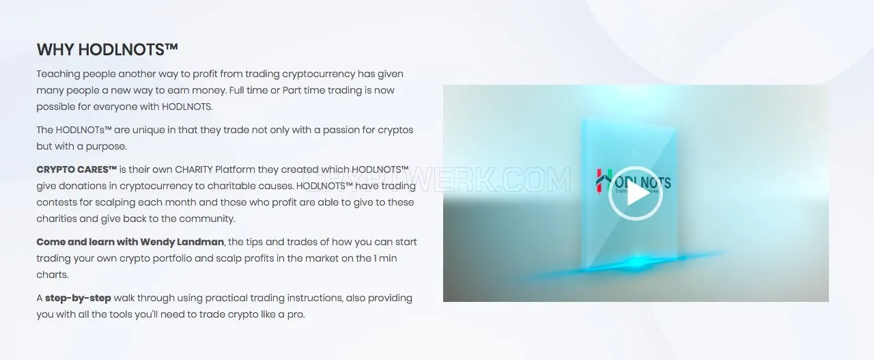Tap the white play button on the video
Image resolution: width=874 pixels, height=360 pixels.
click(x=636, y=193)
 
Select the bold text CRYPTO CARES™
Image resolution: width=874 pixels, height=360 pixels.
click(x=76, y=169)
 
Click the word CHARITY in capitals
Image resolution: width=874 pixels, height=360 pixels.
click(x=193, y=169)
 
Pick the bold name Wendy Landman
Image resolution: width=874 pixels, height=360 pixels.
click(x=182, y=242)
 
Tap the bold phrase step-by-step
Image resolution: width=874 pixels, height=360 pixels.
click(x=78, y=299)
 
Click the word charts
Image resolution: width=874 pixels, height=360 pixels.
click(x=53, y=275)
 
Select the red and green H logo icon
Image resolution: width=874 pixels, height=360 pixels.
click(x=604, y=181)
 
